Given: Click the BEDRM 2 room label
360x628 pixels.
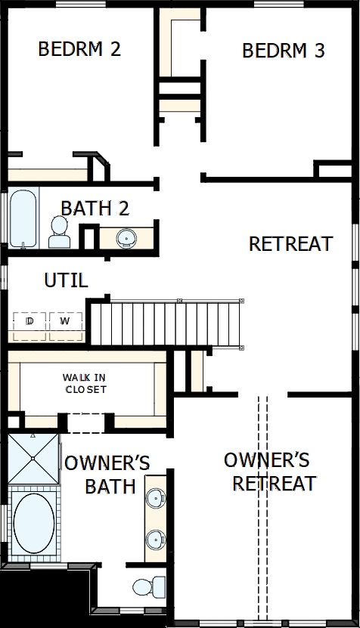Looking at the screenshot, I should [x=79, y=49].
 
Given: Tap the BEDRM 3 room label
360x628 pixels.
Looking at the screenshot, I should [x=283, y=51].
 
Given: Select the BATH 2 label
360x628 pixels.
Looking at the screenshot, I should [x=95, y=207].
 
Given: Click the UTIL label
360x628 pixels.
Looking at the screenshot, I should [x=66, y=280].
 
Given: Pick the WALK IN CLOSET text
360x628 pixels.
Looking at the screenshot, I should [x=84, y=383].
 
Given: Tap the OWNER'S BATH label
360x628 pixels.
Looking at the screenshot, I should [x=107, y=474].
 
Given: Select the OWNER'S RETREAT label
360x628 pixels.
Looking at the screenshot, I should [x=270, y=471].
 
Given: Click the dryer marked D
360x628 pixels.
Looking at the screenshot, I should [x=30, y=321].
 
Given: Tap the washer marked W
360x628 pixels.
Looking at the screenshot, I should [x=66, y=321].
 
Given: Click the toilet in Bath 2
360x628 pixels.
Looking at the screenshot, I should [x=58, y=232].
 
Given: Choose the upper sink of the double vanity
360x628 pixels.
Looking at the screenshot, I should [x=156, y=498].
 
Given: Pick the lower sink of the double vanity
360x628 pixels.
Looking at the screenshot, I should [x=156, y=539].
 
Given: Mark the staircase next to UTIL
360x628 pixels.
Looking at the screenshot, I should [x=166, y=322].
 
